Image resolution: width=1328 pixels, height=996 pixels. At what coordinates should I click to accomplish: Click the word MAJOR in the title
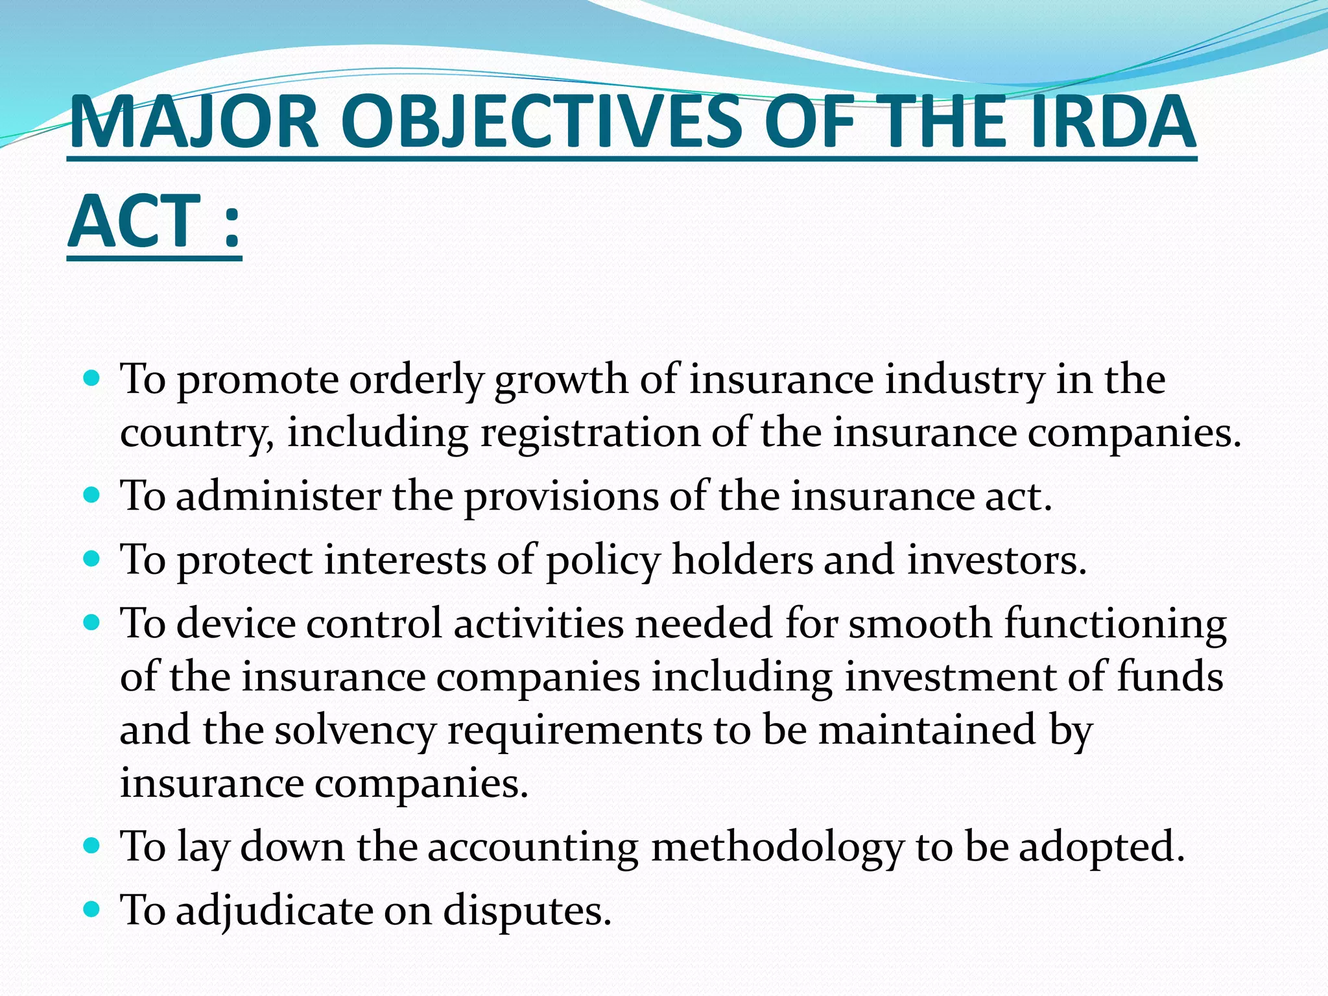194,123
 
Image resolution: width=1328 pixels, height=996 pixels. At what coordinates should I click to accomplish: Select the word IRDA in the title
1113,123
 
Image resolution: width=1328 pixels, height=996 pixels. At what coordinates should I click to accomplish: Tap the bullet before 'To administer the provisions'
93,495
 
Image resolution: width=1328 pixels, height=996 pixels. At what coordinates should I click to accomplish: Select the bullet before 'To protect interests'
93,559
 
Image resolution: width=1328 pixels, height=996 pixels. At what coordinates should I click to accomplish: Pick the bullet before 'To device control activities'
93,623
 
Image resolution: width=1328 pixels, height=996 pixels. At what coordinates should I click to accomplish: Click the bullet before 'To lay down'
93,846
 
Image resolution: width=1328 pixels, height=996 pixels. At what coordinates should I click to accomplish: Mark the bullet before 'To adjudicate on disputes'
93,909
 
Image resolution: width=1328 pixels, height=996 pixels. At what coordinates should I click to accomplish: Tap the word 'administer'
278,497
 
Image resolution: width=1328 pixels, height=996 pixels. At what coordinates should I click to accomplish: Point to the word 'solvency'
355,731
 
